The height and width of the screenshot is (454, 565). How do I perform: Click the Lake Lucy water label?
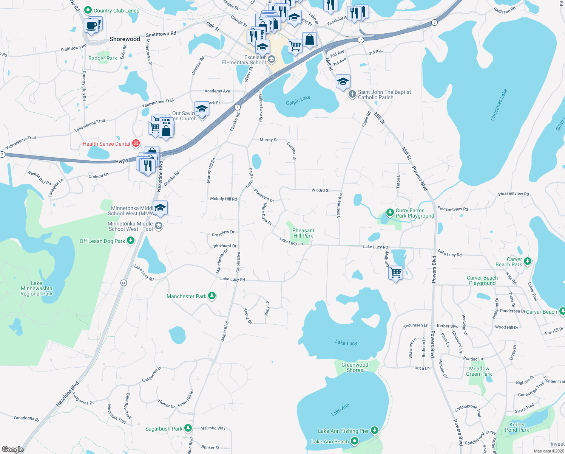click(346, 343)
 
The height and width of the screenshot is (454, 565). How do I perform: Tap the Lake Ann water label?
click(340, 410)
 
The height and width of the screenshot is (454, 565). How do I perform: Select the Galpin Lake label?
click(298, 100)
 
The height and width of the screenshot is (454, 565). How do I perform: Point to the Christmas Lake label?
click(499, 105)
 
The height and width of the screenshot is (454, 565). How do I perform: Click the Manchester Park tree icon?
click(212, 296)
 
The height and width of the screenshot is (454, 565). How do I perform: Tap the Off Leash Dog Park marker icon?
click(131, 241)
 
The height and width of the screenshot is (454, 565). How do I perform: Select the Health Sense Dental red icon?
click(136, 143)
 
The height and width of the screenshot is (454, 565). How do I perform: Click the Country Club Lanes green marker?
click(88, 10)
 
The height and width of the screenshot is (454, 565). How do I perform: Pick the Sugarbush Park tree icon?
click(188, 428)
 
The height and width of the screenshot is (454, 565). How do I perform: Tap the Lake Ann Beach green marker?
click(354, 441)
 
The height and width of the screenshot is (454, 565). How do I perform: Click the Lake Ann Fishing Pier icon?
click(374, 431)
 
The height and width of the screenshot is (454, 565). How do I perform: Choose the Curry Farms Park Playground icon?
click(390, 213)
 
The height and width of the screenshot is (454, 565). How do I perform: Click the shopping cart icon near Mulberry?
click(395, 272)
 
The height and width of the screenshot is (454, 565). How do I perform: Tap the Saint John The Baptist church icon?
click(352, 94)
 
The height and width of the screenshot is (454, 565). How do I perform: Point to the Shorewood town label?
click(125, 39)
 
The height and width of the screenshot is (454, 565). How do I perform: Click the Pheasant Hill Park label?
click(303, 233)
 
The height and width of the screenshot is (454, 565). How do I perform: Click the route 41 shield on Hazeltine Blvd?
click(123, 283)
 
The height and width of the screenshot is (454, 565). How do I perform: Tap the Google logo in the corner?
click(13, 449)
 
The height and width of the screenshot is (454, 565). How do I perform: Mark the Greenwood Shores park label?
click(355, 367)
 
